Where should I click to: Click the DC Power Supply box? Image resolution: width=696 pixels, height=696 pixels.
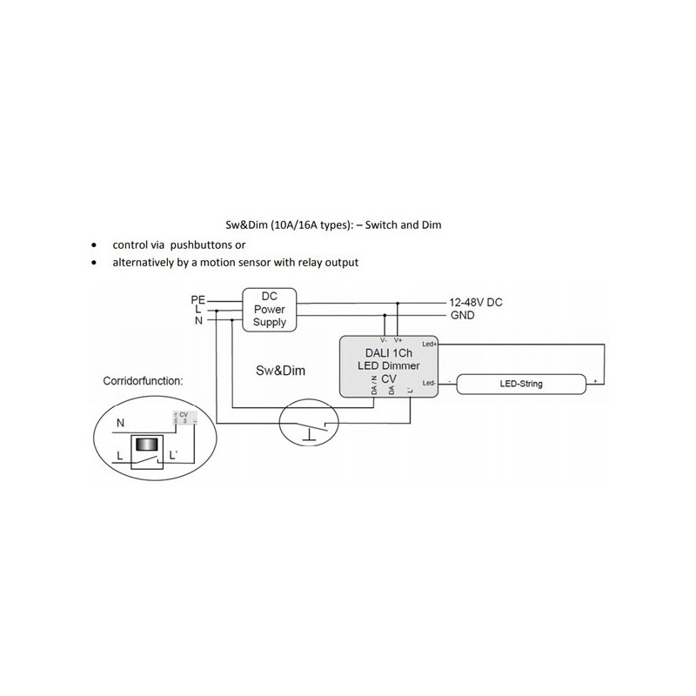click(x=269, y=309)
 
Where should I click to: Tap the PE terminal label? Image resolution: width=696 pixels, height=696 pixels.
click(x=197, y=300)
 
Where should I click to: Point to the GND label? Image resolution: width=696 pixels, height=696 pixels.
click(x=462, y=315)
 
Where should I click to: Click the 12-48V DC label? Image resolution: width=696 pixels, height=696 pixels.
click(x=476, y=302)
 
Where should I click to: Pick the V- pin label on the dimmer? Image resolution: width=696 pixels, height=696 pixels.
click(x=383, y=340)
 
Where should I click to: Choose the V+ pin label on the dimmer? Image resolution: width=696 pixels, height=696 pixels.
click(x=398, y=340)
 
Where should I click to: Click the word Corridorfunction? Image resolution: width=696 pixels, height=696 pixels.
click(x=143, y=381)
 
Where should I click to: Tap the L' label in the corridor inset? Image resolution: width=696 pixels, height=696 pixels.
click(x=175, y=455)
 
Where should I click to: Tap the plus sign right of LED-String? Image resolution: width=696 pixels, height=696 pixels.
click(x=595, y=382)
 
